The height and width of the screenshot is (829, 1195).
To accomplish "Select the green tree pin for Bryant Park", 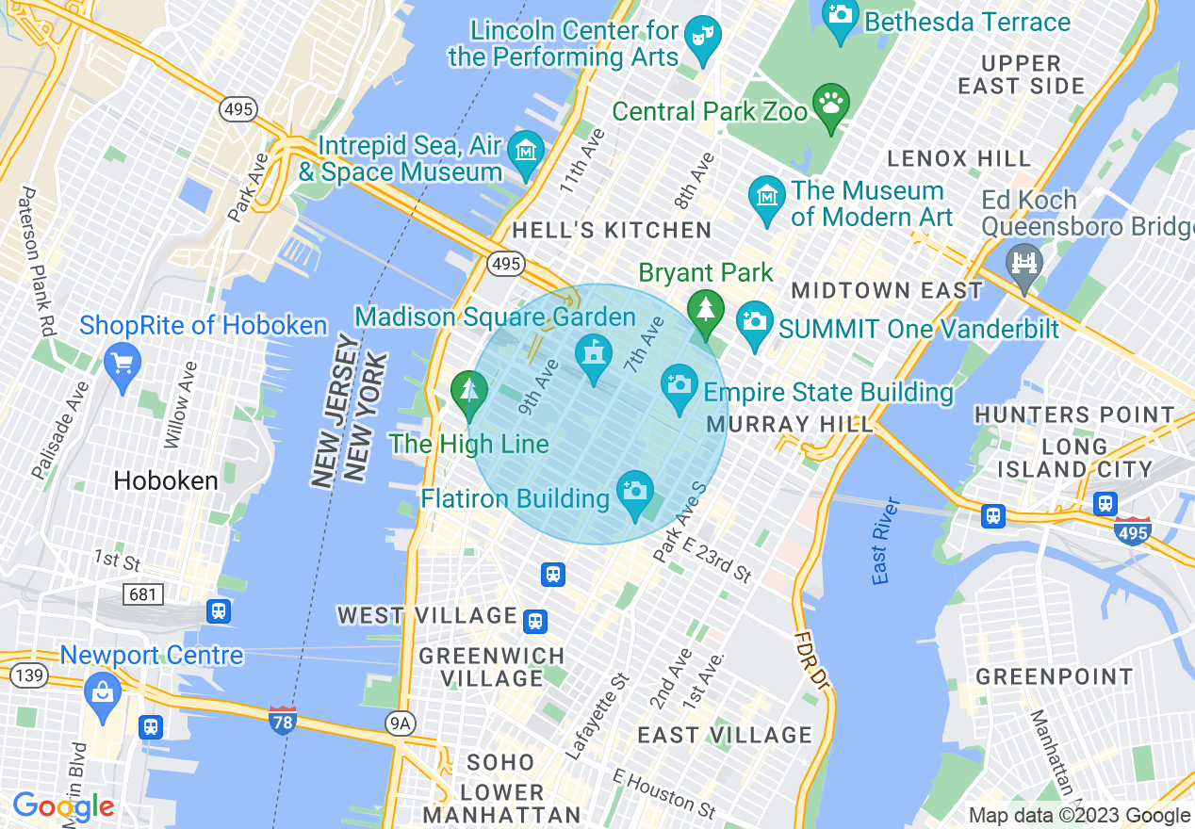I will (705, 308).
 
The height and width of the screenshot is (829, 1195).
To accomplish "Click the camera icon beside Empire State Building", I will (679, 383).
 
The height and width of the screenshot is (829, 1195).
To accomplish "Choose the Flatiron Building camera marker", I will (635, 490).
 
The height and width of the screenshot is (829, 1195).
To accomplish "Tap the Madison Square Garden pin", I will (593, 354).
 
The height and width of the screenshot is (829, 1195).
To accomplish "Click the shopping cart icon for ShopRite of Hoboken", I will (122, 362).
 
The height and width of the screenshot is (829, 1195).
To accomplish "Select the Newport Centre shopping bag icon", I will (102, 693).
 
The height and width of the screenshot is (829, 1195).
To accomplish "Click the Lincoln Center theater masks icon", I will (702, 35).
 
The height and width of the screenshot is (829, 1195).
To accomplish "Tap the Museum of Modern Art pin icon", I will (767, 197).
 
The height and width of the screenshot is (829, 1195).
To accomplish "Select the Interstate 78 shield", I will (282, 720).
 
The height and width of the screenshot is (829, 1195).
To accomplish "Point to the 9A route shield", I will (401, 723).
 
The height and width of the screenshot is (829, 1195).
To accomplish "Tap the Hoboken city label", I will (166, 481).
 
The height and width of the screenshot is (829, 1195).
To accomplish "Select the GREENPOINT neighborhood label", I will (1054, 677).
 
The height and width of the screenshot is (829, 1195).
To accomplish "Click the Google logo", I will (63, 806).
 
